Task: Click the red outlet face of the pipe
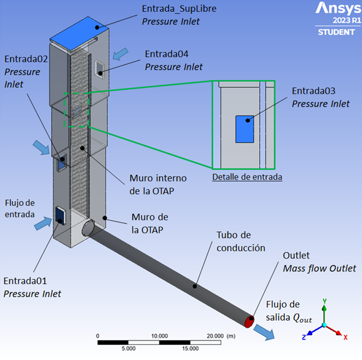(250, 321)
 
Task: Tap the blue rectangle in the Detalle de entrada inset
(245, 129)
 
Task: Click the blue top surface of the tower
(79, 32)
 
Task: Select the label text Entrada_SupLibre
(179, 9)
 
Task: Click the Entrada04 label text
(166, 54)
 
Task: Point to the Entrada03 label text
(313, 91)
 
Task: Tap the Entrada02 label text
(26, 59)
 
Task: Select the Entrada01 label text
(25, 281)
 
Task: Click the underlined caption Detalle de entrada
(247, 177)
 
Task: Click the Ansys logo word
(338, 8)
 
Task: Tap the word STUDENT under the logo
(336, 32)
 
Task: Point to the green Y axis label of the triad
(325, 301)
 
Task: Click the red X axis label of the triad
(345, 338)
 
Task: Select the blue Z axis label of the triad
(304, 337)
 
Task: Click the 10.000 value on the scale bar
(160, 336)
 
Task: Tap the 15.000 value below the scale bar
(190, 348)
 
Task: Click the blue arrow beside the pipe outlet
(264, 333)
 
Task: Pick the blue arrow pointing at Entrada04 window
(120, 54)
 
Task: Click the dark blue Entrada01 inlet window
(60, 215)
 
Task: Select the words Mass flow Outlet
(320, 268)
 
